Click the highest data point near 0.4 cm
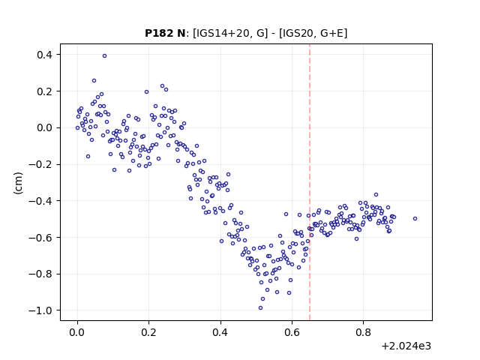pos(105,56)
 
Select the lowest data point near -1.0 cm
pos(260,308)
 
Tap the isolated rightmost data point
pos(415,218)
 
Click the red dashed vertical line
pos(310,182)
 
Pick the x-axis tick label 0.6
pos(292,332)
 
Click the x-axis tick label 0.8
pos(363,332)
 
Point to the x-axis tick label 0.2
pos(148,332)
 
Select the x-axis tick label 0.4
pos(220,332)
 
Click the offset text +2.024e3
pos(406,346)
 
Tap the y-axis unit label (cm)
pos(18,183)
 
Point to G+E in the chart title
pos(331,33)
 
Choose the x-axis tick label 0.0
pos(77,332)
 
